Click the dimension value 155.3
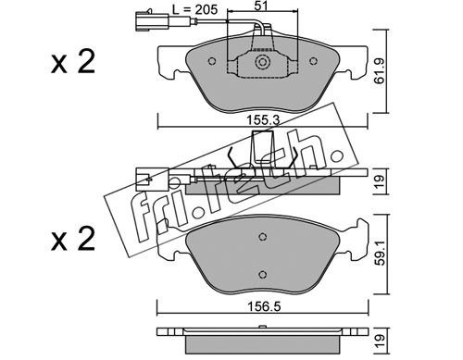point(263,120)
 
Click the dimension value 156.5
point(264,306)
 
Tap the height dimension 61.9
point(379,71)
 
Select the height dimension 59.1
point(381,254)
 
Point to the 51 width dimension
point(261,6)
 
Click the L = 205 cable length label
point(195,9)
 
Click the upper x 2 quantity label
point(73,63)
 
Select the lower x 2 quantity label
point(73,240)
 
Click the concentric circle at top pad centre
point(262,62)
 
